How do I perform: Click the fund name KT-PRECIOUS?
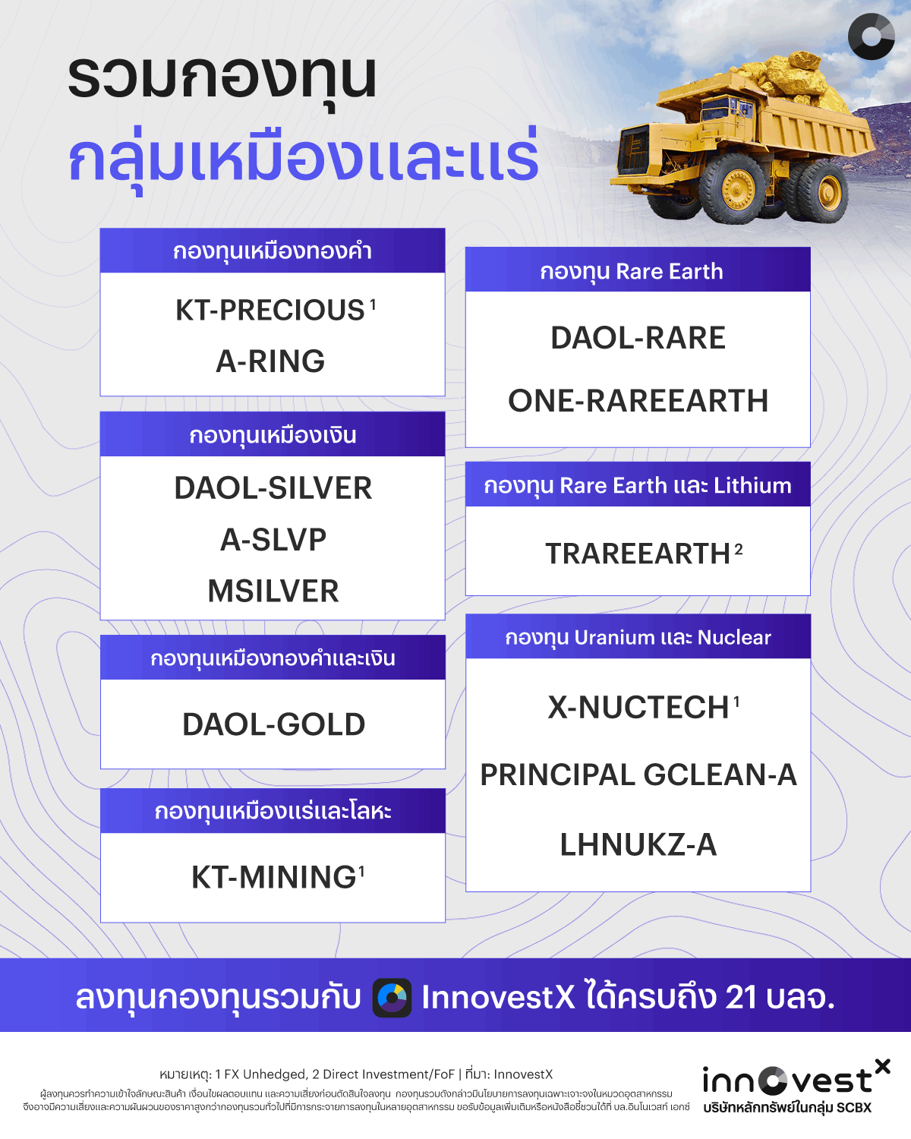click(270, 311)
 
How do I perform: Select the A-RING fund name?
click(270, 361)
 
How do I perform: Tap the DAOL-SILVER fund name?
click(273, 488)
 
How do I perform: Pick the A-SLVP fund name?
click(273, 540)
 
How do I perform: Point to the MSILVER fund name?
click(273, 592)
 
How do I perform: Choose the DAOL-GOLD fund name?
click(273, 724)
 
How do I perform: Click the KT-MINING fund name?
click(273, 878)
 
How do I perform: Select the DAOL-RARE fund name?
click(638, 338)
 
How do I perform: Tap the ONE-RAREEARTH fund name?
click(638, 401)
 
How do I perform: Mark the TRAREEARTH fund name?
click(638, 554)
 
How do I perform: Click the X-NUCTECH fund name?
click(638, 708)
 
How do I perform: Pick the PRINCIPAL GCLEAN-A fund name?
click(638, 775)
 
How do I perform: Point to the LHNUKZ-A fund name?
click(638, 845)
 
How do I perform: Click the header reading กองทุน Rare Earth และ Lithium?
click(638, 485)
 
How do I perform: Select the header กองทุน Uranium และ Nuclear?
click(638, 637)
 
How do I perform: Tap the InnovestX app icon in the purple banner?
click(392, 997)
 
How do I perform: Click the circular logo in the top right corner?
click(871, 36)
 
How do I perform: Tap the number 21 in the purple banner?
click(741, 997)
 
